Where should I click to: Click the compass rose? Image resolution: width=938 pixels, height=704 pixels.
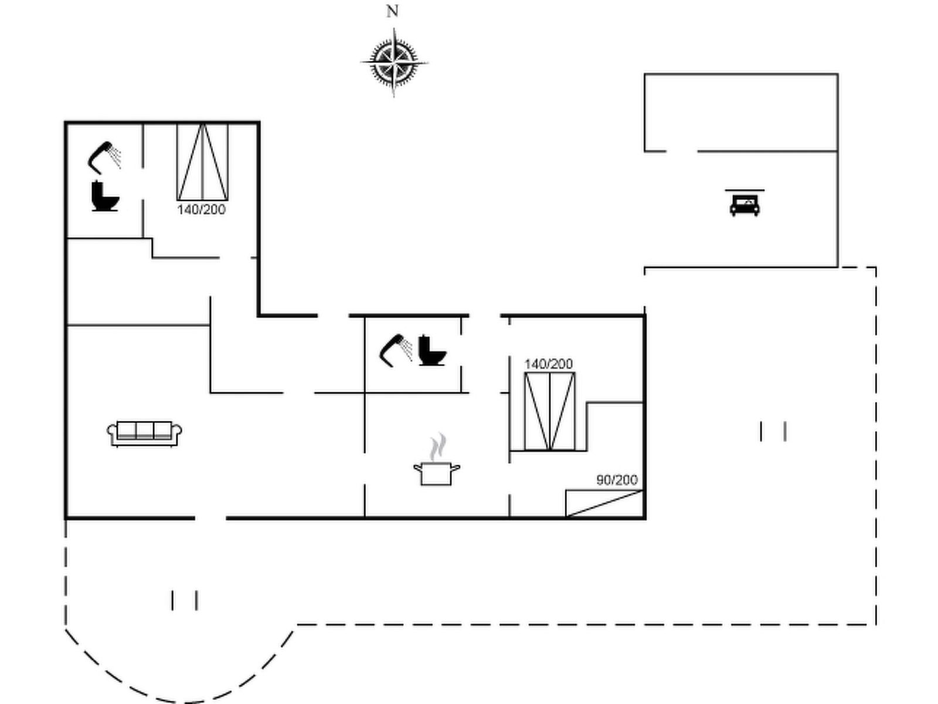(393, 61)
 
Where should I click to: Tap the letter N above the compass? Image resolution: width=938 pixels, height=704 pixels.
(392, 11)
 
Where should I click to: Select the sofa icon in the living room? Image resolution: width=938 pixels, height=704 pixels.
(144, 433)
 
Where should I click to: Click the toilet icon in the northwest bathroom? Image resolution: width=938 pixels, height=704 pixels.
(105, 197)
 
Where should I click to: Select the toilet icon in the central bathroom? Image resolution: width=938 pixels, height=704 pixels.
(432, 350)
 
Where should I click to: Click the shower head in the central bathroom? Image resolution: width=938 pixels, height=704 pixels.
(396, 349)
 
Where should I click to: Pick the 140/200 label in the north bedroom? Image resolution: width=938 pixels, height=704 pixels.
(201, 209)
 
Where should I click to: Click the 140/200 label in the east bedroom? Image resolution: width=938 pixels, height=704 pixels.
(548, 364)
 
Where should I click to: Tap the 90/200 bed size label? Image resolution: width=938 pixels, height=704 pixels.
(617, 480)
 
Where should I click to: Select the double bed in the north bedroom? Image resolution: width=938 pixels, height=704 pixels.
(202, 161)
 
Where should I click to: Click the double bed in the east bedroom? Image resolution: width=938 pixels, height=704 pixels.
(549, 411)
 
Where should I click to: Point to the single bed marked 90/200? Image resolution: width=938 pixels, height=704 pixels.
(604, 503)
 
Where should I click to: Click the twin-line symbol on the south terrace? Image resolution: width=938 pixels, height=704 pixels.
(184, 600)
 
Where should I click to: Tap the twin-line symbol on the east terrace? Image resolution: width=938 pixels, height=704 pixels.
(773, 431)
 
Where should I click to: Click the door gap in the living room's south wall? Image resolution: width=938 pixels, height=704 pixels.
(210, 518)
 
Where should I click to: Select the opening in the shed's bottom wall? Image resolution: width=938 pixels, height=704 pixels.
(681, 151)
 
